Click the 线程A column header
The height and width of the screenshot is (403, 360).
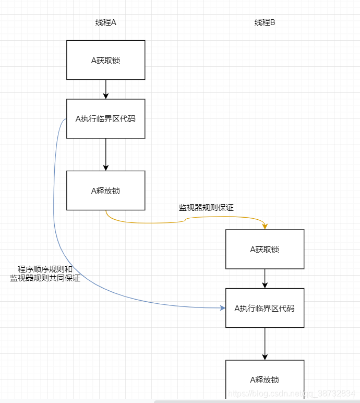pos(105,22)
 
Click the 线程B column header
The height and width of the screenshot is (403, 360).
pos(265,22)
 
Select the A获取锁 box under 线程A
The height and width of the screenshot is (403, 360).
pos(105,60)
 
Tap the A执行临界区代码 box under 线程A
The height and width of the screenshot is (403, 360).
pos(105,118)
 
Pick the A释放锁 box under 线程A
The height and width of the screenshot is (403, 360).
pos(105,191)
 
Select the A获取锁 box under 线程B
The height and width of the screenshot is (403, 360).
pos(265,249)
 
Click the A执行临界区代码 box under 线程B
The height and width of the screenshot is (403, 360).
pos(265,308)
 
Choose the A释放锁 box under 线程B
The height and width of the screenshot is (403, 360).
pos(265,380)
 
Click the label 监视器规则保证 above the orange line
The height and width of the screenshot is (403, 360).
pos(206,208)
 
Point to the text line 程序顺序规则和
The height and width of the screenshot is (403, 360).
pos(45,269)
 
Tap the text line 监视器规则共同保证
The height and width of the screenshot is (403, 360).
pos(45,278)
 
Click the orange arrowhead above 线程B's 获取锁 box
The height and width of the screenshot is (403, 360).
pos(265,227)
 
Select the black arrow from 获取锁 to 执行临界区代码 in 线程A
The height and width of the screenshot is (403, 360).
pos(106,89)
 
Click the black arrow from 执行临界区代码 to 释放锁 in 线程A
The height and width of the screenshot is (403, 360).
pos(106,154)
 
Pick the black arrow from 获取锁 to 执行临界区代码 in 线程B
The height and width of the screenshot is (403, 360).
pos(265,278)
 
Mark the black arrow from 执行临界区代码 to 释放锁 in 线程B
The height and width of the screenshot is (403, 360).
pos(265,343)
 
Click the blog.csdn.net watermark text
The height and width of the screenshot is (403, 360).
pos(292,393)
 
